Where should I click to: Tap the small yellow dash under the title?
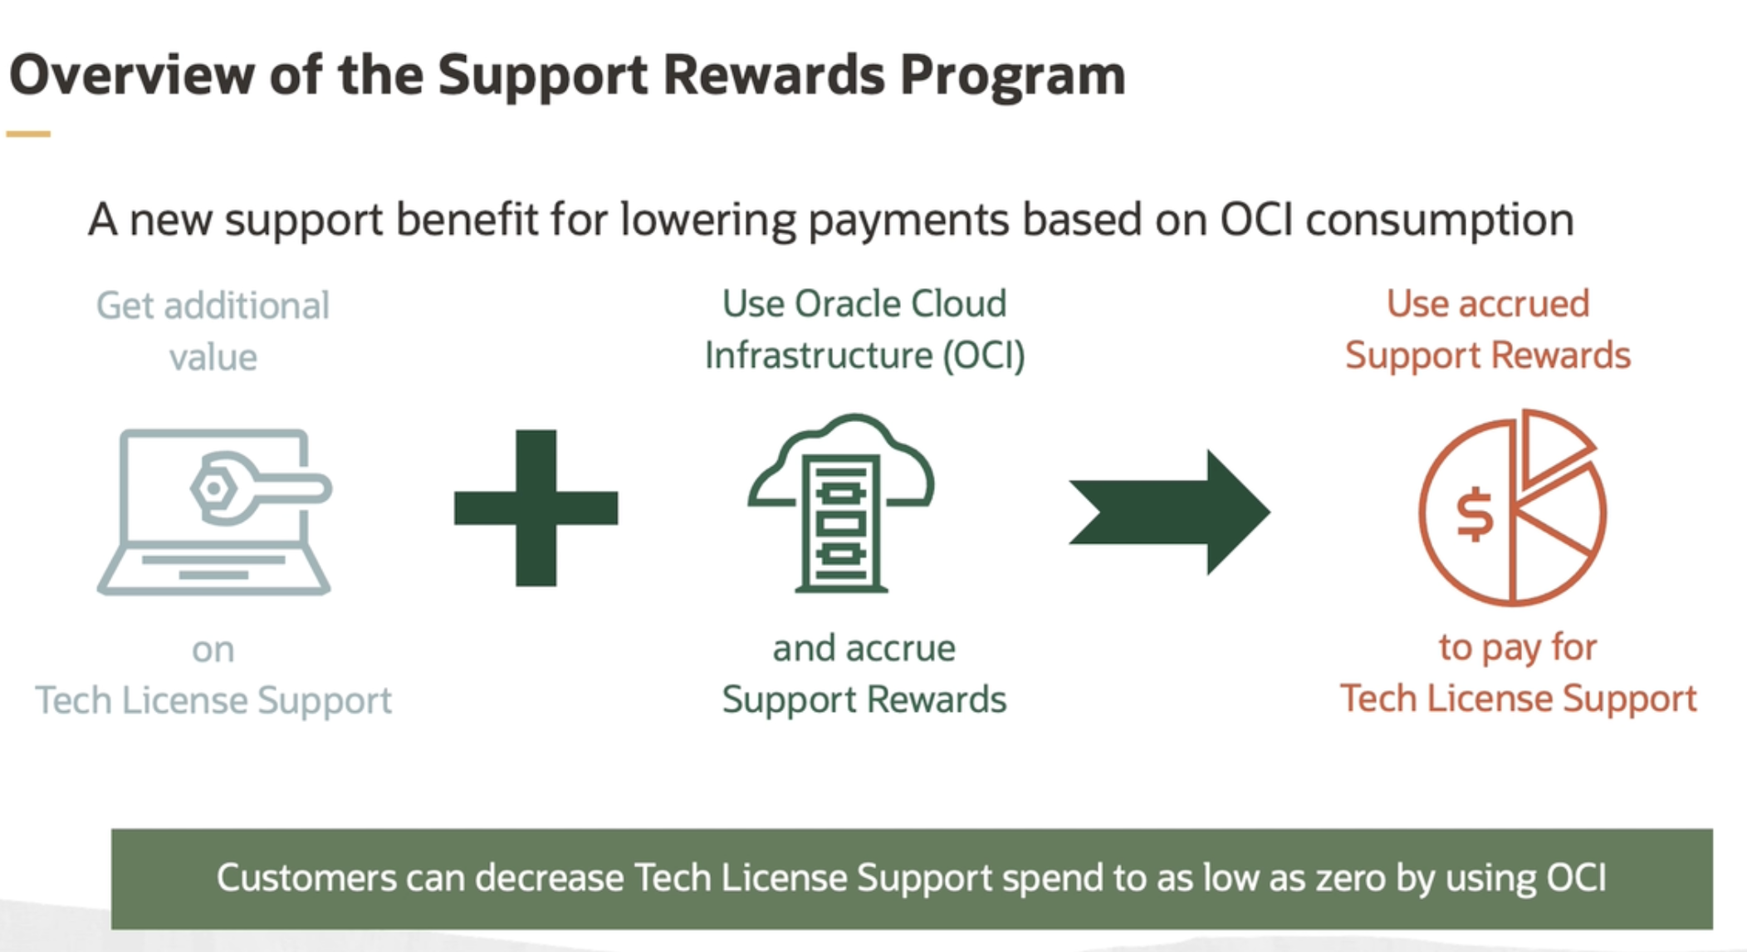[x=28, y=133]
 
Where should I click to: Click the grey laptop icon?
[x=214, y=511]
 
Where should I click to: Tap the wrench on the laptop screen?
[x=260, y=488]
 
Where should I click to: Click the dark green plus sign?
[x=536, y=508]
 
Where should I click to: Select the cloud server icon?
[x=841, y=503]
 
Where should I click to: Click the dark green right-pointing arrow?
[x=1169, y=512]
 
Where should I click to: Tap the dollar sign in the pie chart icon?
[x=1475, y=516]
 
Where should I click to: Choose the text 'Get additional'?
[x=213, y=306]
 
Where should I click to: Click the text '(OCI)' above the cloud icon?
[x=983, y=356]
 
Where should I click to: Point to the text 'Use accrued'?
[x=1488, y=303]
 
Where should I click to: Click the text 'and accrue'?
[x=864, y=648]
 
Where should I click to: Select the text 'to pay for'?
[x=1518, y=648]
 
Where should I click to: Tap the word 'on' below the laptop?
[x=213, y=650]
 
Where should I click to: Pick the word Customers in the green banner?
[x=306, y=878]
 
